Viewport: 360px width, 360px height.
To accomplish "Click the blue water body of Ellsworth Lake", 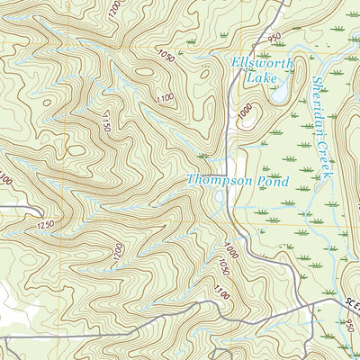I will click(280, 91).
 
